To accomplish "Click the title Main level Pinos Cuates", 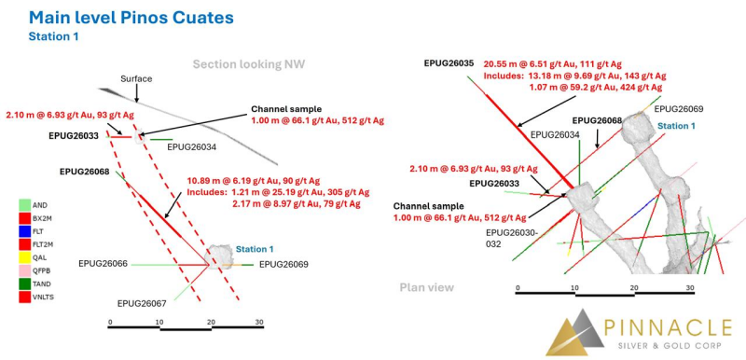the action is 131,18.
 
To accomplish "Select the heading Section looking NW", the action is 248,64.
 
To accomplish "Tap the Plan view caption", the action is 427,287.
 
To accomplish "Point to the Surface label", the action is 136,79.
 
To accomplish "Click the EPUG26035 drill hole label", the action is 449,63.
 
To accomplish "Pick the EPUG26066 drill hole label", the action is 103,263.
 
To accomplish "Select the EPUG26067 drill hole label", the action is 142,303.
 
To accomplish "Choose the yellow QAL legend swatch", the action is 25,256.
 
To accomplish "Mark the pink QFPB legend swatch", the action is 25,270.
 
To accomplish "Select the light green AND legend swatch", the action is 25,205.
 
